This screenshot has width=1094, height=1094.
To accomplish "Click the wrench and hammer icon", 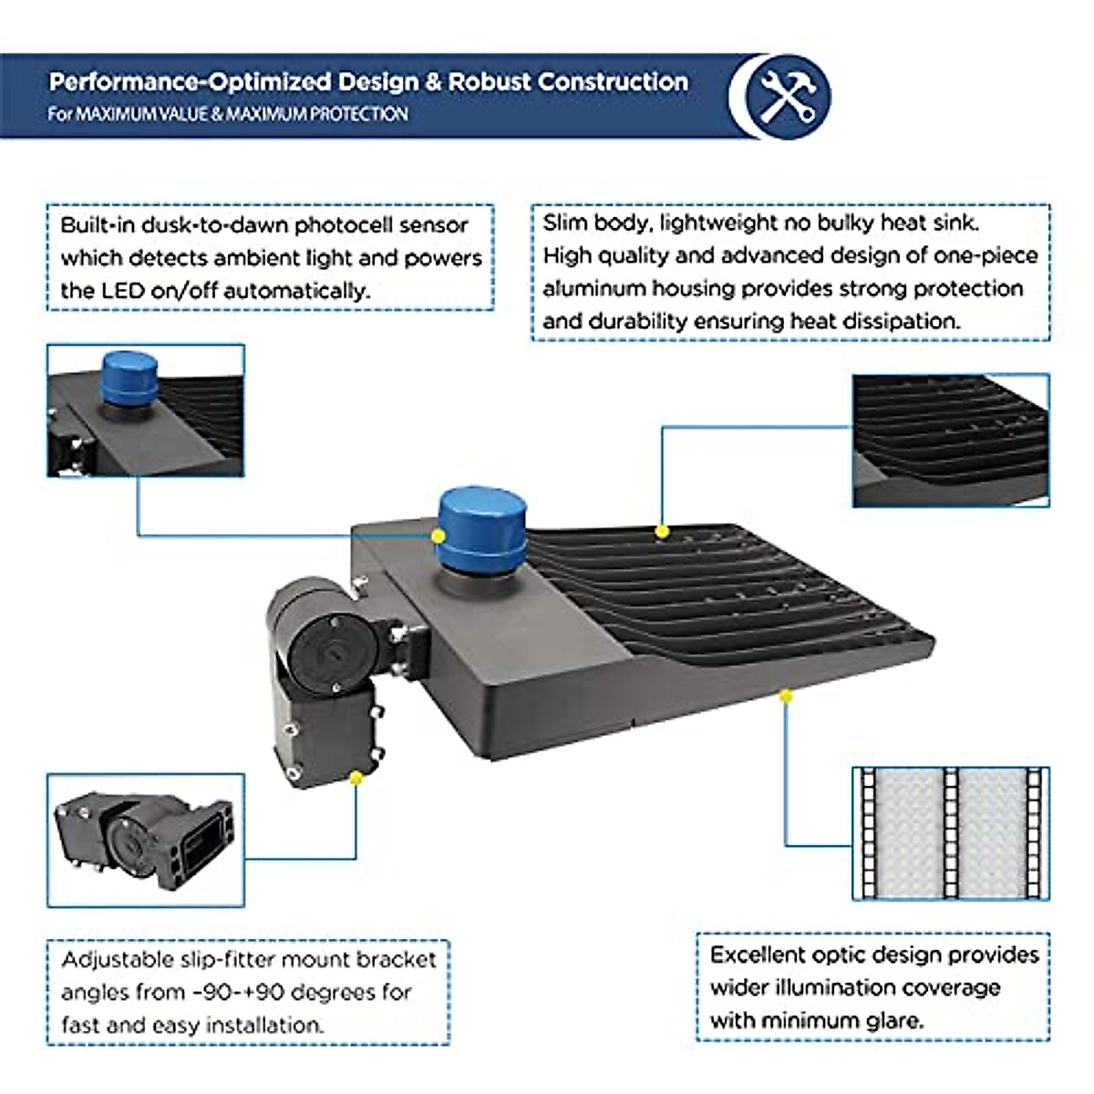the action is click(x=788, y=97).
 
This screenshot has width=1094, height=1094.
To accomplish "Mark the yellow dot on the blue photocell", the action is click(x=438, y=536).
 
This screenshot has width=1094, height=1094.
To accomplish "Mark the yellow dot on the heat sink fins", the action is click(x=661, y=532).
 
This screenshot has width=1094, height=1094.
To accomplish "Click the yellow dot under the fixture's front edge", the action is click(x=786, y=696).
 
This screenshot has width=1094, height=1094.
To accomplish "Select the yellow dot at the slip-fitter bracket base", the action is click(x=356, y=778).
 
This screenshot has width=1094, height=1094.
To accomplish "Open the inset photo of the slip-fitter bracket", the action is click(x=146, y=841).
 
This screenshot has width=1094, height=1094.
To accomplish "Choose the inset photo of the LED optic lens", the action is click(x=951, y=834).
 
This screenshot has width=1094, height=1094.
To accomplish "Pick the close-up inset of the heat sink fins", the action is click(x=951, y=440).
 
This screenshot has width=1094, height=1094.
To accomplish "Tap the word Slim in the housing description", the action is click(x=565, y=222).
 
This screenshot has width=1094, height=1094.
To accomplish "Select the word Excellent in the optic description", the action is click(x=758, y=955).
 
